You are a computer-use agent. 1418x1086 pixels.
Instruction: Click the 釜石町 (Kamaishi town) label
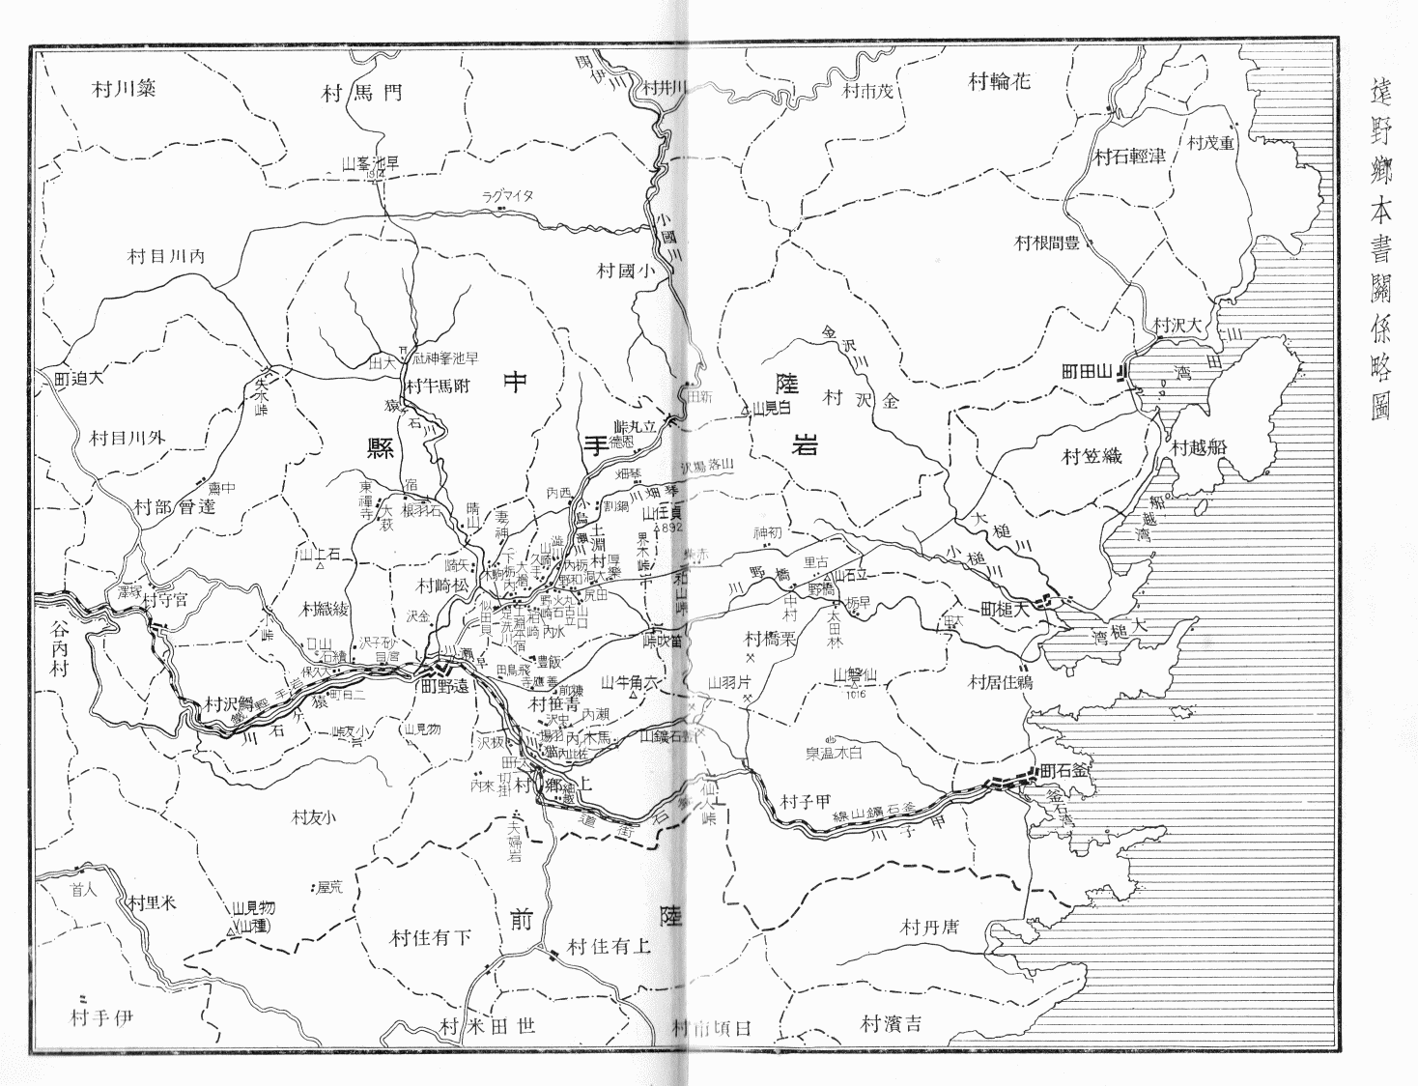click(x=1063, y=772)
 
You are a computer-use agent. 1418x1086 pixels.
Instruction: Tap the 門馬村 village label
click(x=360, y=93)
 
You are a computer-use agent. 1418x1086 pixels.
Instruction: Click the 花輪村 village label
click(x=999, y=81)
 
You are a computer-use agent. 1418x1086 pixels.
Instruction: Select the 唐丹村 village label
click(x=928, y=928)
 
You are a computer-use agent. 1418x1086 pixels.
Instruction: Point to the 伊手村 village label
click(x=100, y=1017)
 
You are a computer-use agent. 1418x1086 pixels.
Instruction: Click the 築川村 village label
click(x=125, y=90)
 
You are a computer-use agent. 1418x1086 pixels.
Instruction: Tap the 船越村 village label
click(x=1199, y=448)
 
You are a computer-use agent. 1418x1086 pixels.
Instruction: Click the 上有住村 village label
click(x=609, y=946)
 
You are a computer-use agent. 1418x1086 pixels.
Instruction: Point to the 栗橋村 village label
click(x=769, y=639)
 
